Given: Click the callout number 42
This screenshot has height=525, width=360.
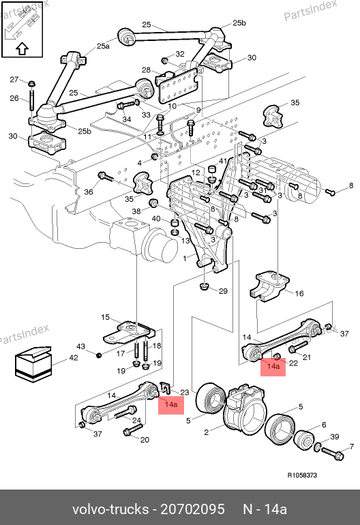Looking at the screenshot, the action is point(74,357).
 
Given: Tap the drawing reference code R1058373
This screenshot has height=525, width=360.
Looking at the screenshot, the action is point(302,475).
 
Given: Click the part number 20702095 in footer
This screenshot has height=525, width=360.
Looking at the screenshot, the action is point(192,509).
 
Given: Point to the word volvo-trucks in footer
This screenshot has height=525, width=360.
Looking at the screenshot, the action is point(110,509).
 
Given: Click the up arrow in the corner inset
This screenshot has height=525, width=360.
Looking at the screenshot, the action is point(22,48).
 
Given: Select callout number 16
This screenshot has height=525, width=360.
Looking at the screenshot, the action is point(299,293).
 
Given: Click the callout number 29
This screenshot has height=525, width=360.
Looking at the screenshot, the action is point(223,291).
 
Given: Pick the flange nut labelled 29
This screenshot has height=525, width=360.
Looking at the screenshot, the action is point(204,286).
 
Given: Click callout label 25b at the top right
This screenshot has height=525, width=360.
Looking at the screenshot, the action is point(239,22).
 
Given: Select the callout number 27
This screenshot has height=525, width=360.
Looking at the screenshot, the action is point(14,79).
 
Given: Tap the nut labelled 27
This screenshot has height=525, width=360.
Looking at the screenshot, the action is point(31,83).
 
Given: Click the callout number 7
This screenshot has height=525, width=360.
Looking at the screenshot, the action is point(352,447).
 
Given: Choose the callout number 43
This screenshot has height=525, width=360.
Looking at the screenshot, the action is point(80,346).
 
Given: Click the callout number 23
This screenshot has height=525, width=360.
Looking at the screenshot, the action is point(185,392).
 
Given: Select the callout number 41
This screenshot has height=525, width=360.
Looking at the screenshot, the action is point(223,161).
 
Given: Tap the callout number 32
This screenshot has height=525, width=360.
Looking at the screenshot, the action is point(180,54).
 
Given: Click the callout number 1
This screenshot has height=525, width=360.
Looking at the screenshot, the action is point(185,258).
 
